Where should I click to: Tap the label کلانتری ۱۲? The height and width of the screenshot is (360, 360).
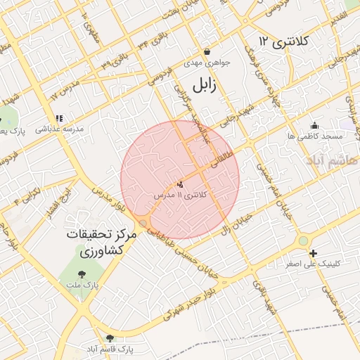point(283,41)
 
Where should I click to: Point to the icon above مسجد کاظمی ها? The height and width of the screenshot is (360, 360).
point(314,125)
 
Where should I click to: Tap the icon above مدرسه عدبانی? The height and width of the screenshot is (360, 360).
point(59,119)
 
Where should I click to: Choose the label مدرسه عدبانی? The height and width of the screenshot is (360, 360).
point(60,129)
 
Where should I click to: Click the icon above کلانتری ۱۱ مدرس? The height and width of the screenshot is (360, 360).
point(180,184)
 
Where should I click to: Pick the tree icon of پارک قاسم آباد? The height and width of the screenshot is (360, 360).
point(109,337)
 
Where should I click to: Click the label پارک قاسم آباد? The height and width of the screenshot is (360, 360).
point(110,349)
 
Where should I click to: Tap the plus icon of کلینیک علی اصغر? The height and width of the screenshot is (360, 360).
point(312,253)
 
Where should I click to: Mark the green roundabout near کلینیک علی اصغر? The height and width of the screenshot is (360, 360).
point(302,241)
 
